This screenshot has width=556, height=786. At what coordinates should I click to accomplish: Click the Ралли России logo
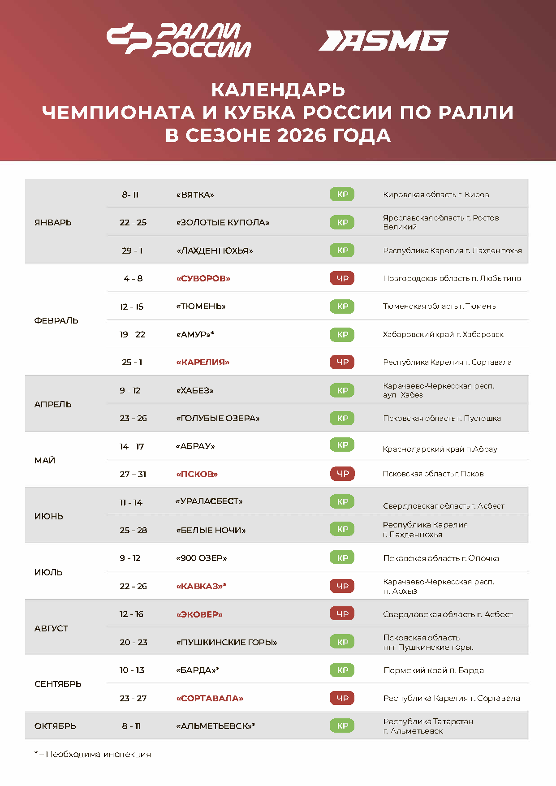[179, 40]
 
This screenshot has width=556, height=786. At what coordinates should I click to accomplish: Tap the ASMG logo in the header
[384, 41]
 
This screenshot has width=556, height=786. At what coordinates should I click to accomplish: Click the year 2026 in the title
[302, 135]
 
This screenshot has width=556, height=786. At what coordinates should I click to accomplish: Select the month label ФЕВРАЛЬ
[56, 320]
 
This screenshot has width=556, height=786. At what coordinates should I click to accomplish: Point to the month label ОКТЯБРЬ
[55, 726]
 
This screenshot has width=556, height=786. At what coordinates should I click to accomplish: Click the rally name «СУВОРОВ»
[203, 278]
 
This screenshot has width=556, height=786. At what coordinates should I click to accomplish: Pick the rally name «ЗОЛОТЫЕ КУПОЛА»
[223, 222]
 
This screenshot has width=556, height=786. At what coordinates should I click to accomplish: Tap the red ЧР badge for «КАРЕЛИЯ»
[342, 362]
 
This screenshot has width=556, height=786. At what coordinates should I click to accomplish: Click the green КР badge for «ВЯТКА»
[342, 194]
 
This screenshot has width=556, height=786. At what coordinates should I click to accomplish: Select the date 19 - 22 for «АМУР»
[133, 334]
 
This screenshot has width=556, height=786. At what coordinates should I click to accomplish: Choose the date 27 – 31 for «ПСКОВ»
[133, 474]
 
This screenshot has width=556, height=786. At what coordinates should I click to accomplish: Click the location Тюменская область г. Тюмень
[440, 306]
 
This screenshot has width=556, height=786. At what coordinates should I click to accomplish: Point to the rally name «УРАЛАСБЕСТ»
[209, 501]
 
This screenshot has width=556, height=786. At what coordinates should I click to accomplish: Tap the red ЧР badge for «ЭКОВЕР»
[342, 614]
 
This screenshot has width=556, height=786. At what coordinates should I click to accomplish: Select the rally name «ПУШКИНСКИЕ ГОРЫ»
[227, 642]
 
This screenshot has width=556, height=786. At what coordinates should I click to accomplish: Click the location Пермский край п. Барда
[434, 670]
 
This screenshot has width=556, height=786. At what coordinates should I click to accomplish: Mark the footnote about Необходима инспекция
[93, 754]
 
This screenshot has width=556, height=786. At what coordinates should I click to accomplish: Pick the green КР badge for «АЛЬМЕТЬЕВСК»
[342, 726]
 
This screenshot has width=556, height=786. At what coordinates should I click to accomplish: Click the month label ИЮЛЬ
[48, 572]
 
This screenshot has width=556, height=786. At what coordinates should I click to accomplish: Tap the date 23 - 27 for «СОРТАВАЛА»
[133, 698]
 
